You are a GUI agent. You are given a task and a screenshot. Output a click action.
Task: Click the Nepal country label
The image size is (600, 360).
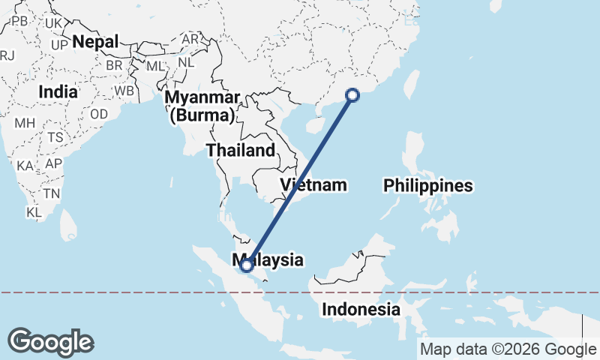[x=96, y=42]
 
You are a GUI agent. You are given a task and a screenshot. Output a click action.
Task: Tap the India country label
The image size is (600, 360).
[x=58, y=91]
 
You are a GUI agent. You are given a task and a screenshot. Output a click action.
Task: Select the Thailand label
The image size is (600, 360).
[x=241, y=150]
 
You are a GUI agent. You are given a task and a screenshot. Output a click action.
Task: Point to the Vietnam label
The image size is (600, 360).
[x=314, y=184]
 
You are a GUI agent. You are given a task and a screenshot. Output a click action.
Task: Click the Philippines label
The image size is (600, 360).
[x=428, y=185]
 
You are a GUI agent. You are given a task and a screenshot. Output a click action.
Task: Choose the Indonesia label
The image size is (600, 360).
[x=361, y=309]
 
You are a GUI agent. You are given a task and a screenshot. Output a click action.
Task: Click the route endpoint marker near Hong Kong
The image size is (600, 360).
[x=352, y=94]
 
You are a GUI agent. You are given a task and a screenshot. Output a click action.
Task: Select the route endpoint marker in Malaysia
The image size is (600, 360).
[x=246, y=265]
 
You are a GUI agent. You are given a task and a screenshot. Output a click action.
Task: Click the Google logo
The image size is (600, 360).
[x=50, y=341]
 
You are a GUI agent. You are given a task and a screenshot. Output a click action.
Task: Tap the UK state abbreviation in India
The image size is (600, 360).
[x=53, y=23]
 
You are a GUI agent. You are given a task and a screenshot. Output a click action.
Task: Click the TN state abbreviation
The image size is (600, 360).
[x=52, y=193]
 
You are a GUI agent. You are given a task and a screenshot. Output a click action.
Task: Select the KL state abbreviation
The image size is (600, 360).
[x=34, y=212]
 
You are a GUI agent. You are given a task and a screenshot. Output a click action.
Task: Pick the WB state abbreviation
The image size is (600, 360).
[x=124, y=91]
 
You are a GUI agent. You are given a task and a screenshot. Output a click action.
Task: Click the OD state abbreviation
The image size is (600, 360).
[x=99, y=115]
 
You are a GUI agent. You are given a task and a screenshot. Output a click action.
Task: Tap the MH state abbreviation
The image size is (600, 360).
[x=25, y=123]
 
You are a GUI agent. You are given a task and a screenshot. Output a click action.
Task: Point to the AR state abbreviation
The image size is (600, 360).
[x=190, y=39]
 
